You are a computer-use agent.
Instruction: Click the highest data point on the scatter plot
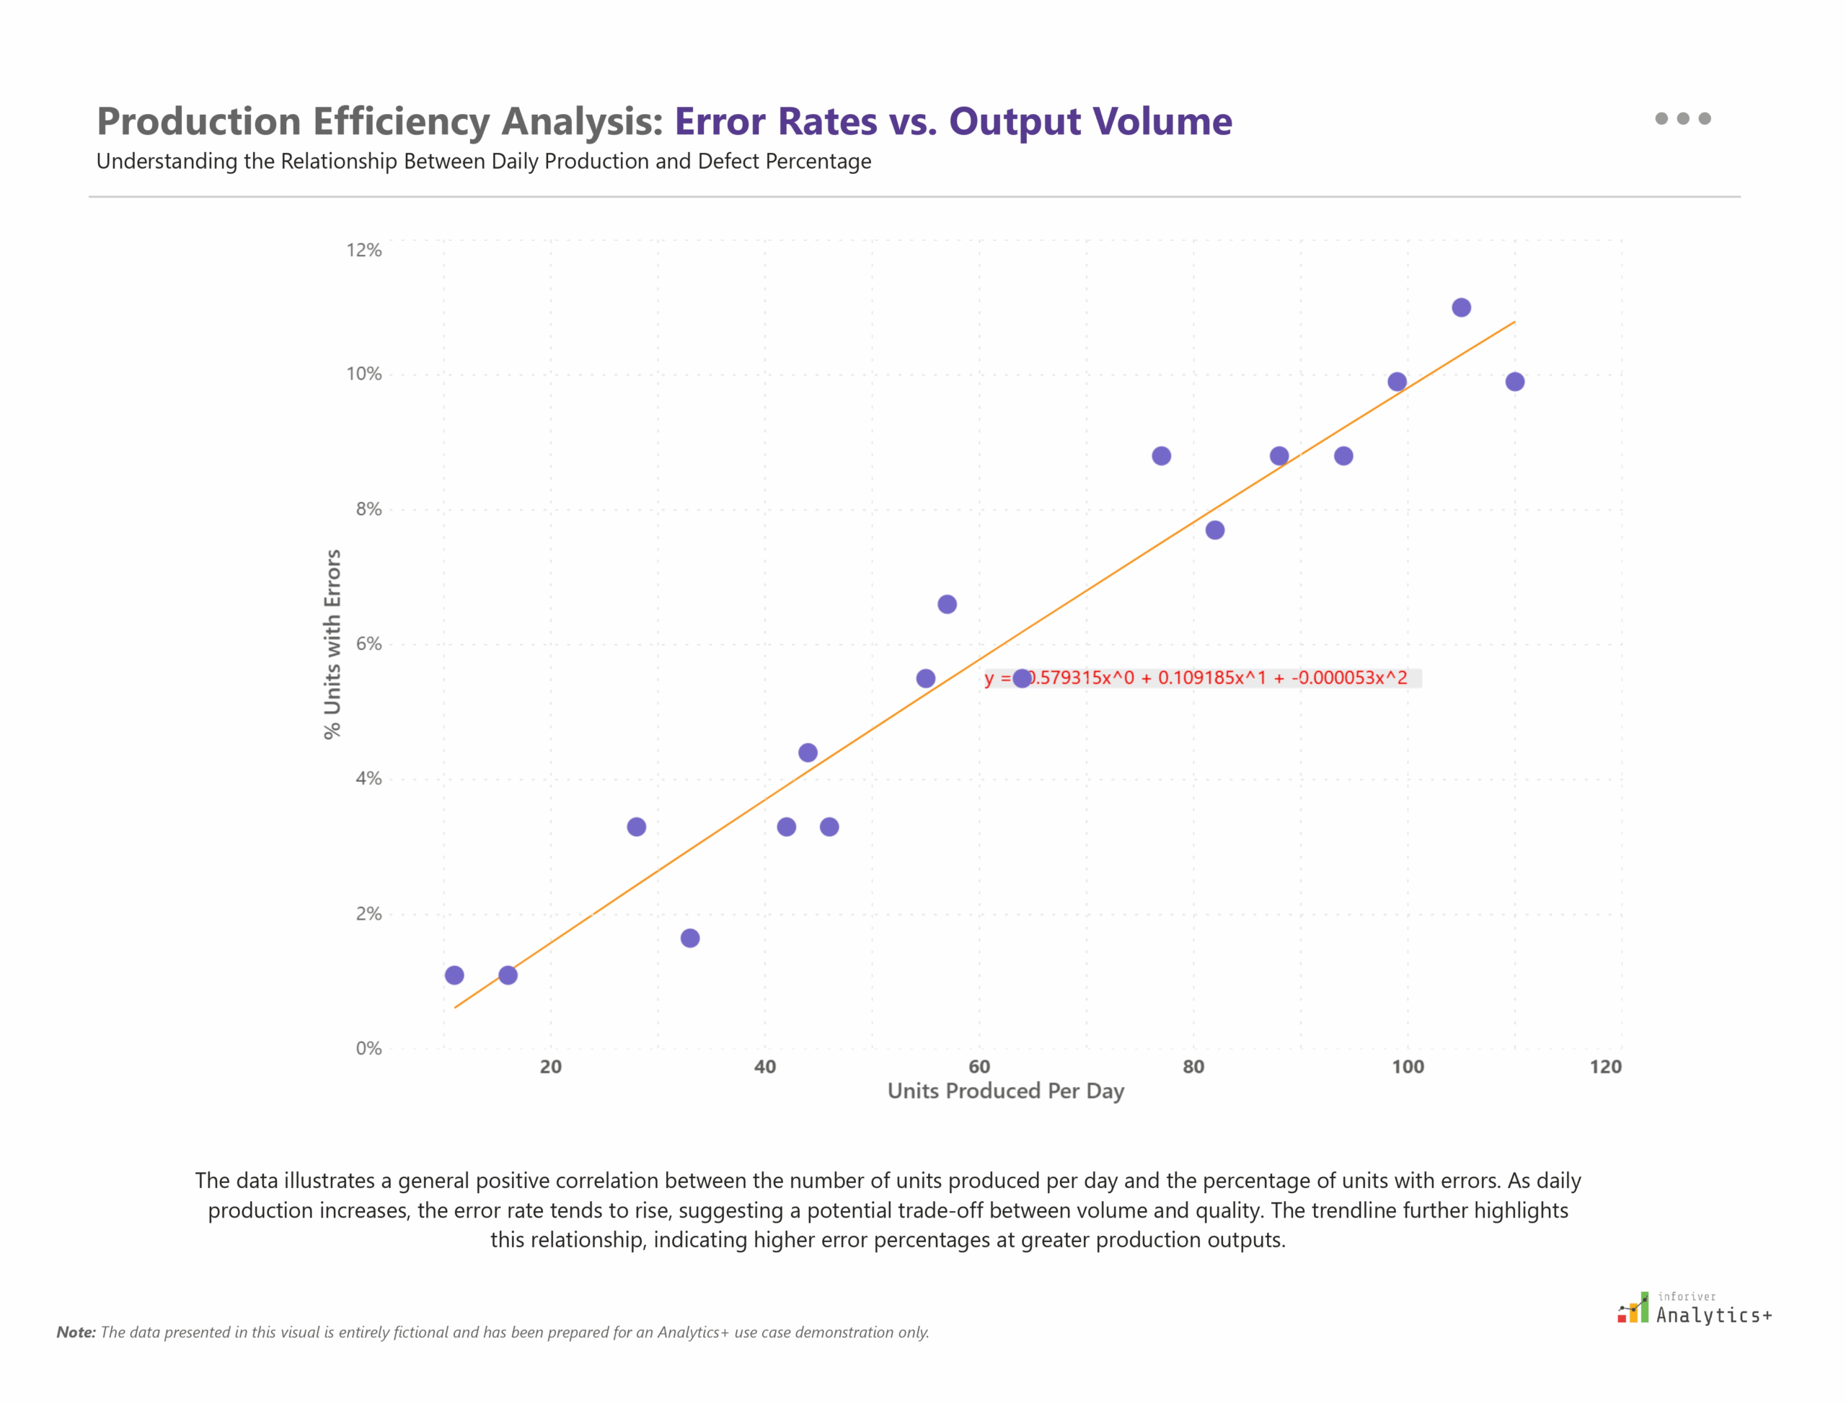pos(1460,307)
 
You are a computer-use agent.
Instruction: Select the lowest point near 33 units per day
pos(689,938)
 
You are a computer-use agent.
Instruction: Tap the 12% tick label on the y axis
pos(364,250)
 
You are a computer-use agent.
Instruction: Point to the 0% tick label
pos(368,1048)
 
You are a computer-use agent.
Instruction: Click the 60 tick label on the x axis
pos(979,1066)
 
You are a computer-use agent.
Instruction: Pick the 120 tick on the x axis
pos(1604,1066)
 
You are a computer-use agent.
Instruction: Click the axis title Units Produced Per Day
pos(1005,1091)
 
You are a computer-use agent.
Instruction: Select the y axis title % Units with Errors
pos(332,644)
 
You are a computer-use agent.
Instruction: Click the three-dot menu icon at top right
pos(1682,118)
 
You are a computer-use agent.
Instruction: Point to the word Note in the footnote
pos(75,1332)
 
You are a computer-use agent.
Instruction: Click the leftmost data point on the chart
pos(454,975)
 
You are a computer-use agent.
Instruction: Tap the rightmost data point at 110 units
pos(1514,382)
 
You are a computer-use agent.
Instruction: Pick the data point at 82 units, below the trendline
pos(1215,529)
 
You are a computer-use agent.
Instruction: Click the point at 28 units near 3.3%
pos(636,827)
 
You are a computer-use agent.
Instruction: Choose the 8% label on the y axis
pos(368,509)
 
